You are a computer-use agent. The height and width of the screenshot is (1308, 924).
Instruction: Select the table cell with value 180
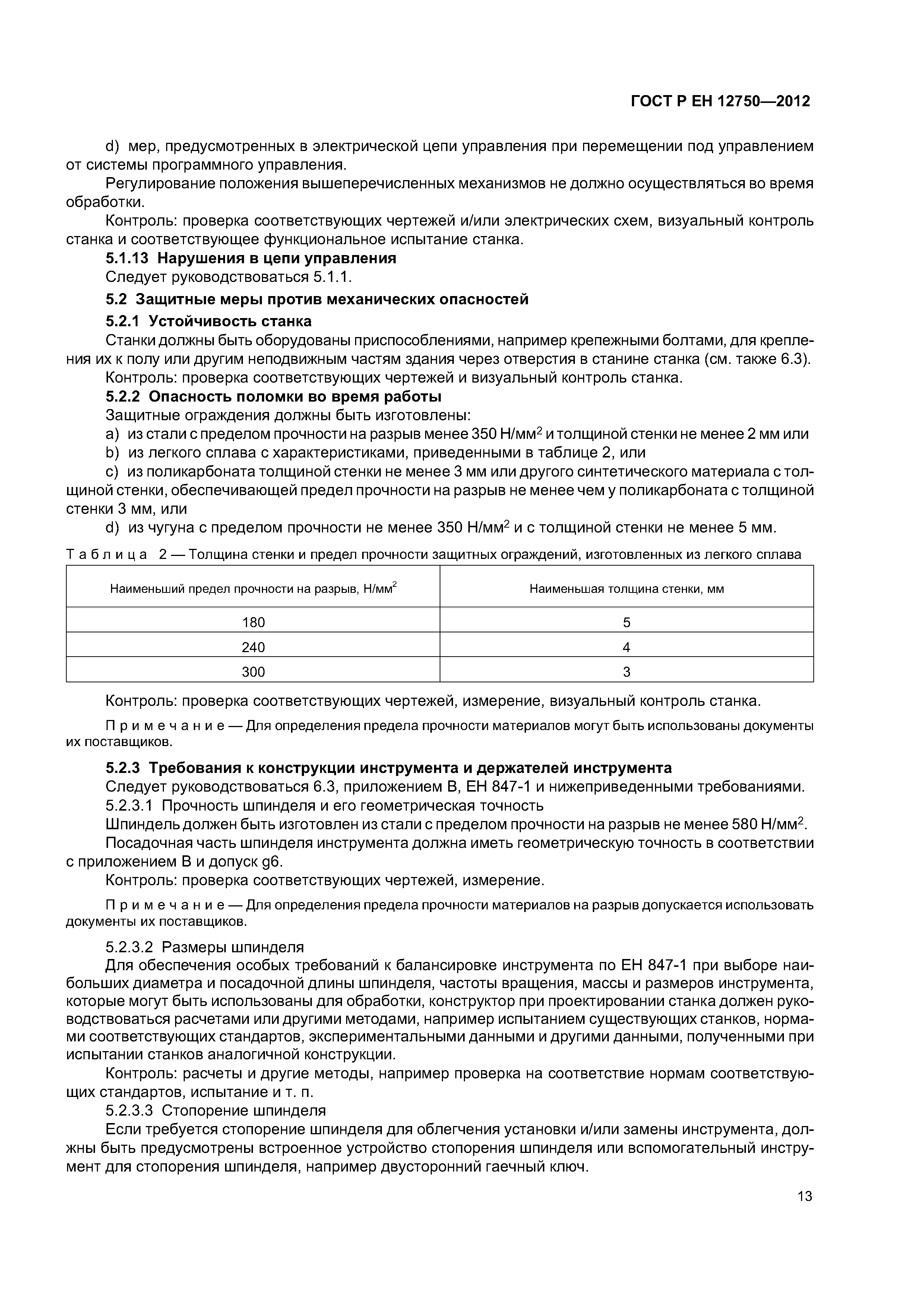point(253,623)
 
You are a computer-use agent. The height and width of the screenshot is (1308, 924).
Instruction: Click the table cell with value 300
point(253,672)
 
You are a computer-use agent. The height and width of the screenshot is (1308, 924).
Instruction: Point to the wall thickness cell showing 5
point(626,623)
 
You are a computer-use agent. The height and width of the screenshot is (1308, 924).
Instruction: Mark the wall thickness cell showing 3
point(626,672)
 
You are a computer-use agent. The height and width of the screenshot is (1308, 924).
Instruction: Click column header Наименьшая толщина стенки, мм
point(626,589)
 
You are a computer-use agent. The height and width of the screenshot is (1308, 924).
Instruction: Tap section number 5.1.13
point(127,259)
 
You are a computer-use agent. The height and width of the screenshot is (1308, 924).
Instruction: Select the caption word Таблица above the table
point(107,554)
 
